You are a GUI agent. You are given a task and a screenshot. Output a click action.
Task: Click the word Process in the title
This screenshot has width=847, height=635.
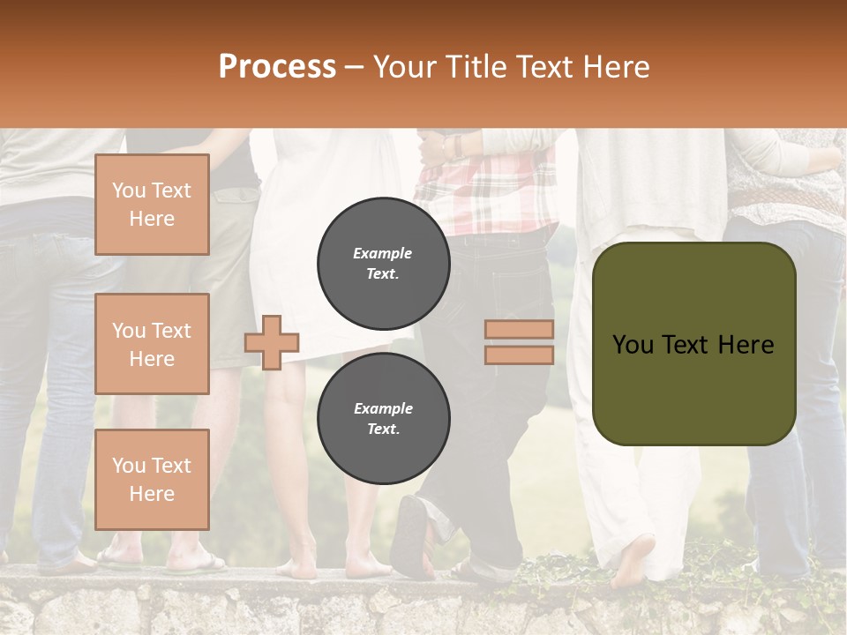[277, 67]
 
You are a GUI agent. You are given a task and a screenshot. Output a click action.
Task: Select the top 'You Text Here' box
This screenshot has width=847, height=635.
[152, 205]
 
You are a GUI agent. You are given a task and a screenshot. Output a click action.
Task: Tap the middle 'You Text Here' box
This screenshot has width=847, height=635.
[152, 344]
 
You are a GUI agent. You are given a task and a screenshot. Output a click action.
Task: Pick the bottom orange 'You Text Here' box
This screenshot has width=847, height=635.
[152, 479]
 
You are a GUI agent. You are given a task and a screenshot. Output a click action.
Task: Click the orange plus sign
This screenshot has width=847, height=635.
[272, 342]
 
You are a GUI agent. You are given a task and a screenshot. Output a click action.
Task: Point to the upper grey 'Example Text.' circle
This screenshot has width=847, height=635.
[383, 264]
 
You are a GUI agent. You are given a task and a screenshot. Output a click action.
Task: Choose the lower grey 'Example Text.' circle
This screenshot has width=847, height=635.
[383, 419]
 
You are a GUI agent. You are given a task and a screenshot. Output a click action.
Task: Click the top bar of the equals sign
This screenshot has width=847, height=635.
[519, 330]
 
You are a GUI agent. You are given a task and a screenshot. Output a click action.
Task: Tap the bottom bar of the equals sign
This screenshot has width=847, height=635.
[519, 355]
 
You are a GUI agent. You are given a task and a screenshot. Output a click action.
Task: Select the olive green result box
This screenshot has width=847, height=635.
[693, 344]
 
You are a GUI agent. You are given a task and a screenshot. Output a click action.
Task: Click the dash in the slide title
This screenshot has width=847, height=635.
[355, 68]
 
